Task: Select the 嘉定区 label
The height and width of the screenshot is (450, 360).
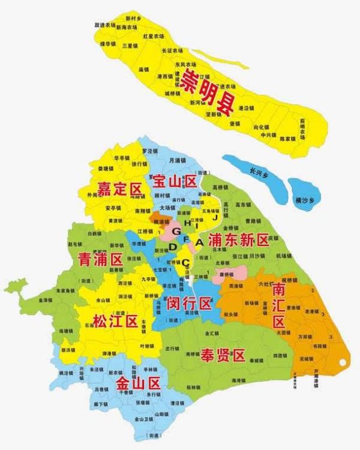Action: tap(120, 188)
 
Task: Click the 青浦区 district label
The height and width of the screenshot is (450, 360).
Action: tap(100, 259)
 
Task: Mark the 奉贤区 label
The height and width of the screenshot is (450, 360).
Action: tap(223, 355)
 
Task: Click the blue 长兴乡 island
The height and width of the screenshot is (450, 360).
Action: tap(253, 170)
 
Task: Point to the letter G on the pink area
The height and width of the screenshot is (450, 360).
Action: tap(176, 231)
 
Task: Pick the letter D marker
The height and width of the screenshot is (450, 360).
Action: tap(173, 247)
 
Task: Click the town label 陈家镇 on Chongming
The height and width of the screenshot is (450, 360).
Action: tap(288, 139)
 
